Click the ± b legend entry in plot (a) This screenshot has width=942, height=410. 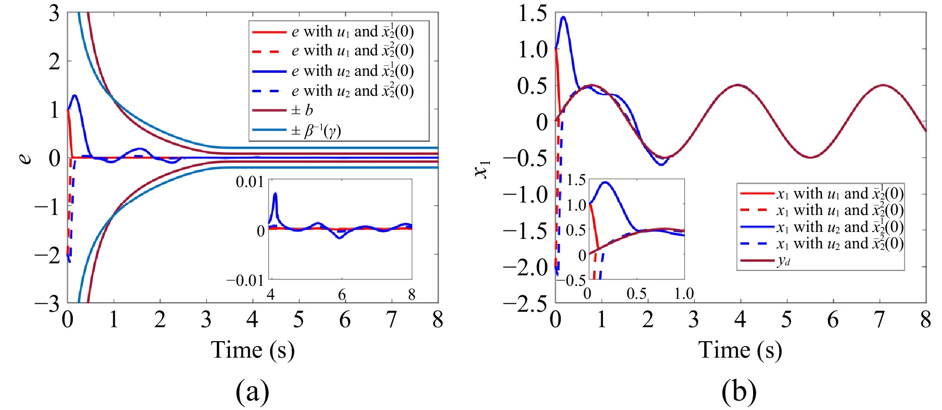pos(282,110)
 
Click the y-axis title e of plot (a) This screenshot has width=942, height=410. pos(24,158)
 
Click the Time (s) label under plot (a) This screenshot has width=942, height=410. pos(253,350)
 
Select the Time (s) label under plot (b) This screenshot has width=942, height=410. pos(740,350)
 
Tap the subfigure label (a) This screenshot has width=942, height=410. pos(252,392)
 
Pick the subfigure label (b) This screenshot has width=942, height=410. pos(739,392)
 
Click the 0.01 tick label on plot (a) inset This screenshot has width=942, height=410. pos(250,182)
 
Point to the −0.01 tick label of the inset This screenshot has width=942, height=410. pos(245,280)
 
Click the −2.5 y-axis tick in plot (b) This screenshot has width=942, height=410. pos(525,304)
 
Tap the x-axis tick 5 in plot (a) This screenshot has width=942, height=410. pos(299,319)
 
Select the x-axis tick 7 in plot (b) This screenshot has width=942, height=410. pos(880,319)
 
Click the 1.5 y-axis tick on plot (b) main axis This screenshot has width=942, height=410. pos(533,13)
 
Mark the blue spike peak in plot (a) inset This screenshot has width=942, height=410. pos(275,193)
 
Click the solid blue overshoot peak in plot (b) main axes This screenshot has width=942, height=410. pos(564,17)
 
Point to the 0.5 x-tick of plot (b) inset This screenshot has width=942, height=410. pos(636,293)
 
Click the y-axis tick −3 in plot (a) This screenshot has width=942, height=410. pos(47,304)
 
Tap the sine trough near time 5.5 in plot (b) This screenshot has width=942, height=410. pos(810,158)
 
